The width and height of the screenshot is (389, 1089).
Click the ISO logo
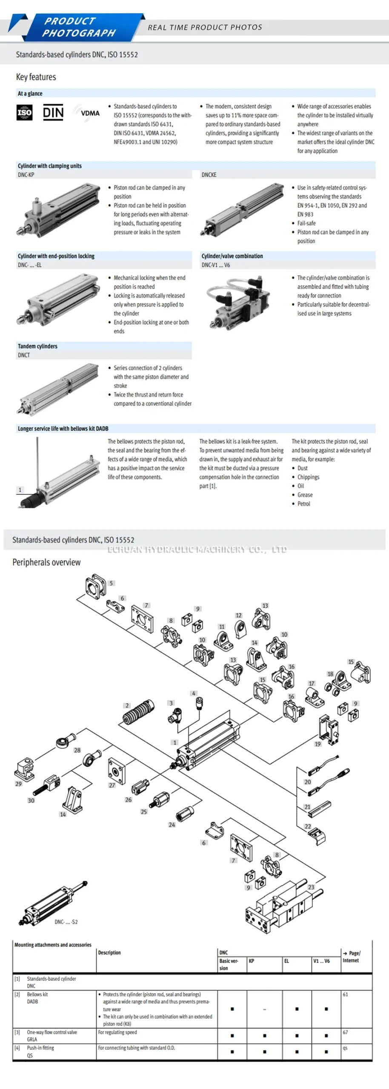(24, 113)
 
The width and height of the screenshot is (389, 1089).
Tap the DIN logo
(53, 113)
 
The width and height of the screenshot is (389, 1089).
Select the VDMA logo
(87, 113)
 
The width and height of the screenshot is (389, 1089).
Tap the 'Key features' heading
(36, 77)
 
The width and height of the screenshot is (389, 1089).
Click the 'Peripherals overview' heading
(46, 562)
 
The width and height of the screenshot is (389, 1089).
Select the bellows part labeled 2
(139, 712)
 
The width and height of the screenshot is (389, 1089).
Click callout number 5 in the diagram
(111, 583)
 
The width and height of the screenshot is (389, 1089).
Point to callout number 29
(18, 784)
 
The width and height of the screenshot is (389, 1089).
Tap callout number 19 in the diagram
(317, 744)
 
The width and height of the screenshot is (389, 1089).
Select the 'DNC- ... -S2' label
(66, 922)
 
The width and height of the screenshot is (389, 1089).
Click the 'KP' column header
(251, 961)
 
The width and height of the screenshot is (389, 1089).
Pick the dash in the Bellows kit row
(264, 1009)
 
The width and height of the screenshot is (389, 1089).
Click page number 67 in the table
(345, 1032)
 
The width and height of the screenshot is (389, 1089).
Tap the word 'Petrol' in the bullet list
(303, 504)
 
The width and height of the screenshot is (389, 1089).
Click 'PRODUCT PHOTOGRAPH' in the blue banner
(79, 27)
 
